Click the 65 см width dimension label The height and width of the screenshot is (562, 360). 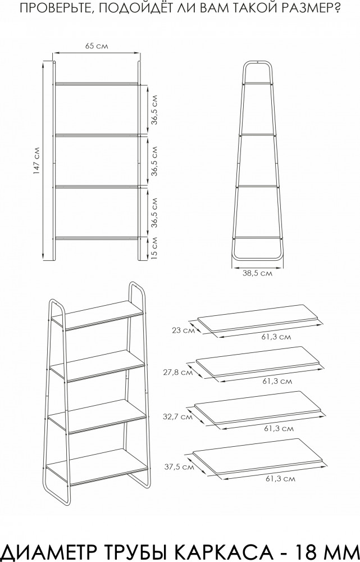(97, 46)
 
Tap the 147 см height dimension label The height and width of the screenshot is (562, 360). (37, 161)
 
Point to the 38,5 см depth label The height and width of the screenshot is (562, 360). (257, 274)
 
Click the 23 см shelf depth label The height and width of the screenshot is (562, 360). (183, 330)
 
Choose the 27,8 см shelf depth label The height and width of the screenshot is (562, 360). (178, 373)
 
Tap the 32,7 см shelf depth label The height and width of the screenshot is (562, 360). (177, 417)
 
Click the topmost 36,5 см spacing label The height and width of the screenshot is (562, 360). (154, 110)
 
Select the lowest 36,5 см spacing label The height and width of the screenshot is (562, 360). (154, 212)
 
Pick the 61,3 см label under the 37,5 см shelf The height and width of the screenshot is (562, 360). (280, 478)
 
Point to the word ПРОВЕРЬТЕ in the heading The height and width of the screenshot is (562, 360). (53, 8)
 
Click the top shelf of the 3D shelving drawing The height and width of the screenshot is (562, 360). (97, 314)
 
